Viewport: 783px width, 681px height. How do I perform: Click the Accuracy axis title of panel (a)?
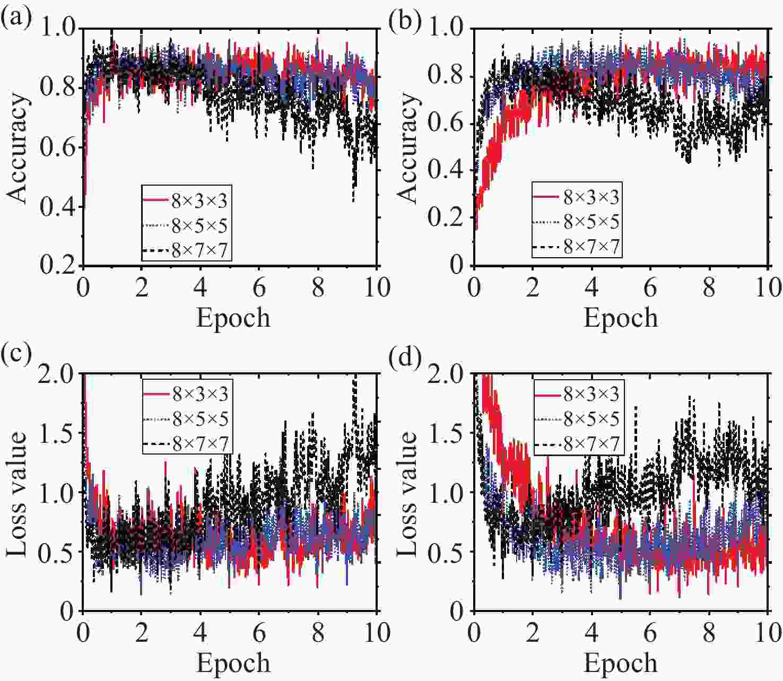coord(18,148)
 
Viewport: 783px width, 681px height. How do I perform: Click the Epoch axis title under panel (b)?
coord(621,318)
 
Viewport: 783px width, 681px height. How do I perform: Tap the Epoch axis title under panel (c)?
coord(233,663)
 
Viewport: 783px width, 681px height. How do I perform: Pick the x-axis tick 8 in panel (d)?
coord(709,632)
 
